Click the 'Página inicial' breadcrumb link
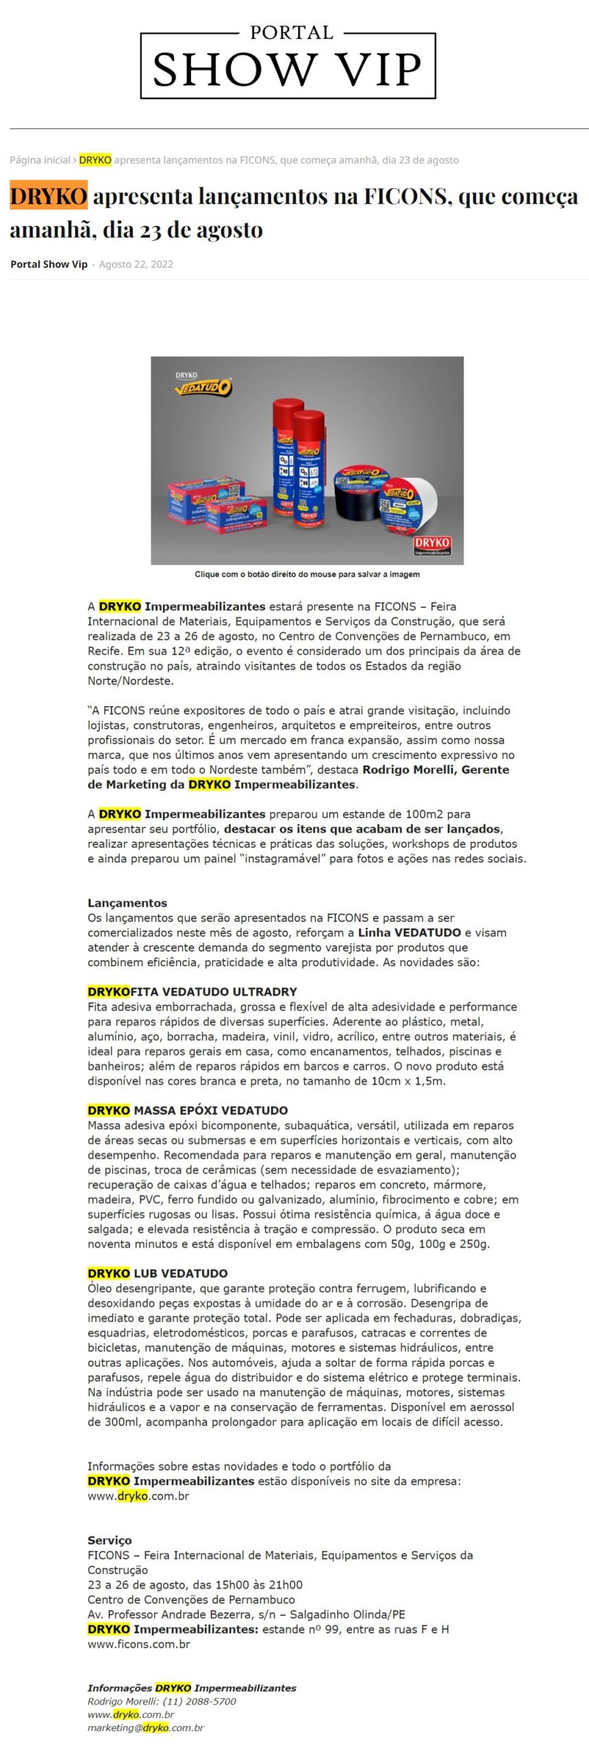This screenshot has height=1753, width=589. coord(40,160)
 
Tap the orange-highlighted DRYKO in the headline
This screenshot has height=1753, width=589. coord(48,197)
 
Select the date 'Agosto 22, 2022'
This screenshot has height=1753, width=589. coord(136,264)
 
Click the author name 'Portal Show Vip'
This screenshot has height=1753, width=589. coord(49,264)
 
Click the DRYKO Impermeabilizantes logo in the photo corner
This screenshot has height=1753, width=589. coord(432,545)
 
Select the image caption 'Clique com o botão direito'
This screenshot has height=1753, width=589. coord(307,574)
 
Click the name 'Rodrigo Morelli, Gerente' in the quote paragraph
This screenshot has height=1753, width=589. coord(436,770)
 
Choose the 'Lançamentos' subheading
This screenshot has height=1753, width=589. coord(127,903)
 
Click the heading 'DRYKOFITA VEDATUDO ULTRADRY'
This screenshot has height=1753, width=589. coord(192,992)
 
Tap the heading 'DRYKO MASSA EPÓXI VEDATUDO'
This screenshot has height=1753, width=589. coord(188,1110)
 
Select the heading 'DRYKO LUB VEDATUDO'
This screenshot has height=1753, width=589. coord(158,1273)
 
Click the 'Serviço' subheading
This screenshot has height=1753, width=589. coord(110,1559)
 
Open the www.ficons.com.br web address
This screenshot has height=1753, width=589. coord(139,1644)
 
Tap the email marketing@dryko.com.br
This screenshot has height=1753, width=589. coord(145,1728)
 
